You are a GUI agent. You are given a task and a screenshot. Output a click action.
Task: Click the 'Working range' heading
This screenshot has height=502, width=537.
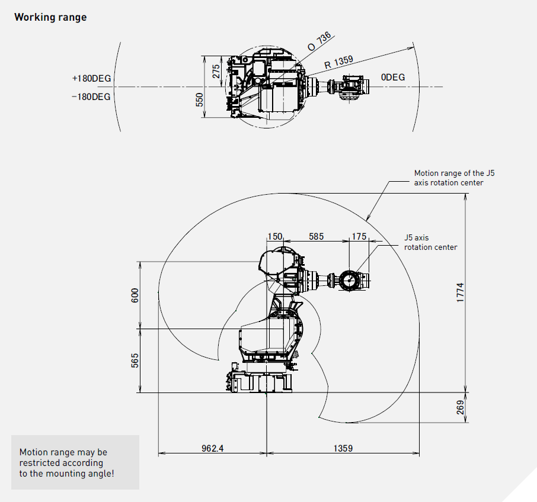pos(50,17)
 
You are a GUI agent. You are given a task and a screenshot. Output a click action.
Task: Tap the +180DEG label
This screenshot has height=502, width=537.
pos(91,78)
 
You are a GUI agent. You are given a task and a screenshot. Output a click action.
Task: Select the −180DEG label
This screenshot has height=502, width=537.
pos(91,96)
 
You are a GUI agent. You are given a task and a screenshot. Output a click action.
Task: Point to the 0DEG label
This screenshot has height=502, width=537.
pos(393,78)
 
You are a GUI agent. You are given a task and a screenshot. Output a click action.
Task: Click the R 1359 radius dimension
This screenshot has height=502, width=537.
pos(338,61)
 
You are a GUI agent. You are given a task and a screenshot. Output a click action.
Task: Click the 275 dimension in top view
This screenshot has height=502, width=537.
pos(216,71)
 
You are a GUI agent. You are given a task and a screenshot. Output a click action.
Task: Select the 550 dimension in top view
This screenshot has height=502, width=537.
pos(199,99)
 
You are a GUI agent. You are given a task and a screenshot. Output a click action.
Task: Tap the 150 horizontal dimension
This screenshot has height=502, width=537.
pos(274,236)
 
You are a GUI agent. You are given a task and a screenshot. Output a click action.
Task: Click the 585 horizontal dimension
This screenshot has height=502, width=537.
pos(316,236)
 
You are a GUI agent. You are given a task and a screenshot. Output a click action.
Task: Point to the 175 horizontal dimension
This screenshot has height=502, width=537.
pos(359,236)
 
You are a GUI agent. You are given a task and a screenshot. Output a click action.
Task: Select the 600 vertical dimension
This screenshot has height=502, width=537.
pos(134,295)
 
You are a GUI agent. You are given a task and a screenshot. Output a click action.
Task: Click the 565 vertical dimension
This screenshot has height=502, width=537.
pos(134,361)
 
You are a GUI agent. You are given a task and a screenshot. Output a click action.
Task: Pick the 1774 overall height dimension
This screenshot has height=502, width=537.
pos(460,292)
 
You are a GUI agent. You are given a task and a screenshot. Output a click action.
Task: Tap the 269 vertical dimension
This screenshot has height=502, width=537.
pos(460,408)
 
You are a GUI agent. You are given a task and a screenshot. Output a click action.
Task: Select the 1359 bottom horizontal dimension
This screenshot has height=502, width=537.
pos(342,448)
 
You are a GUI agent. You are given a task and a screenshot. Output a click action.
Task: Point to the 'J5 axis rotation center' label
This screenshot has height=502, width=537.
pos(430,242)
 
